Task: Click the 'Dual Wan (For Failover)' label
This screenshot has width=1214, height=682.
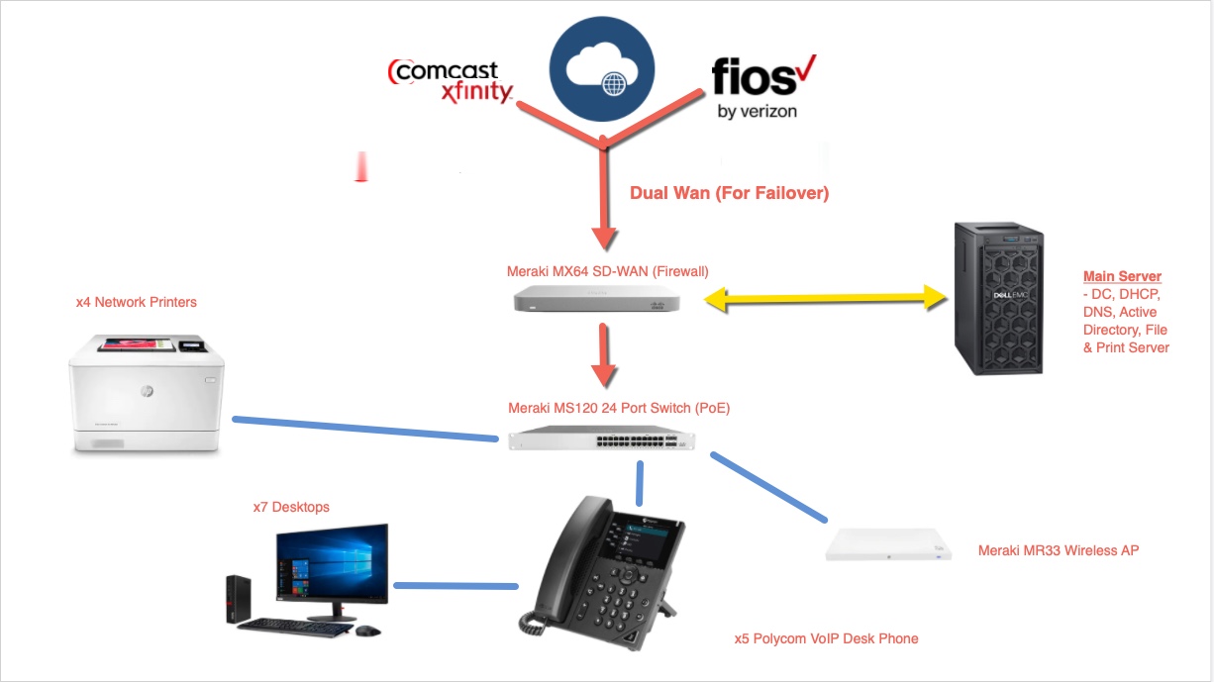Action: (x=729, y=194)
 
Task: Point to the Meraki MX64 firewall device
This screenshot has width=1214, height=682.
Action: (x=601, y=296)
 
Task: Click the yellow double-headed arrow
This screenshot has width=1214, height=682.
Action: (x=821, y=296)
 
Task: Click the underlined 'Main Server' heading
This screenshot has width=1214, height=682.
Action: (x=1122, y=276)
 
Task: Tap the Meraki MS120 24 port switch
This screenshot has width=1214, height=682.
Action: (x=601, y=438)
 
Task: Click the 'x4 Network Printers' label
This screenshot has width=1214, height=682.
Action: (x=137, y=302)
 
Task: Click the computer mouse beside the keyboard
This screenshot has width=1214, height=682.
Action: (x=367, y=631)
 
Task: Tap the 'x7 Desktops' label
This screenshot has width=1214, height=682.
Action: (x=291, y=507)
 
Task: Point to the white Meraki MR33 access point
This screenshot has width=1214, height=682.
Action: (x=889, y=545)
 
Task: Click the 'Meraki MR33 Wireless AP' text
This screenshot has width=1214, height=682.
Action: (x=1058, y=550)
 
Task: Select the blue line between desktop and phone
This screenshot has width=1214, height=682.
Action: (x=455, y=586)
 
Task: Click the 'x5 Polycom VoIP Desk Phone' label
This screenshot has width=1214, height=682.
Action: (x=826, y=638)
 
